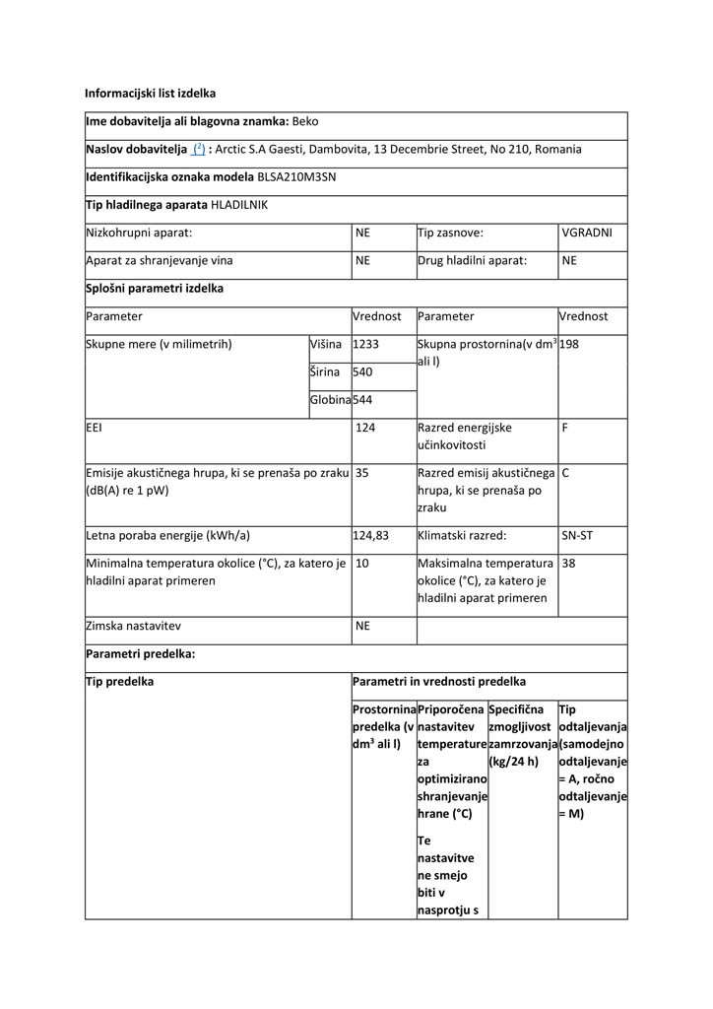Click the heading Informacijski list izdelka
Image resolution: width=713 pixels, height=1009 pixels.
pyautogui.click(x=150, y=94)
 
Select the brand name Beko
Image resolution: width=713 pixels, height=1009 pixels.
pyautogui.click(x=305, y=121)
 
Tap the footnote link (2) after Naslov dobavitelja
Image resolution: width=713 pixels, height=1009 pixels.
pyautogui.click(x=198, y=150)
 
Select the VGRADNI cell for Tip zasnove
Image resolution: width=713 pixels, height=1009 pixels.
pyautogui.click(x=587, y=234)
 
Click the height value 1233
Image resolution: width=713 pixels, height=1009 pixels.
pyautogui.click(x=365, y=345)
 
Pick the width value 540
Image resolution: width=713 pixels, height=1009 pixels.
pyautogui.click(x=362, y=372)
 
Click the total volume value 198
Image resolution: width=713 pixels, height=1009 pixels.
pyautogui.click(x=569, y=345)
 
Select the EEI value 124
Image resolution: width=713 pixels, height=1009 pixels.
pyautogui.click(x=365, y=429)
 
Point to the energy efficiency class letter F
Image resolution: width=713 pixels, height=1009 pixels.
pyautogui.click(x=565, y=429)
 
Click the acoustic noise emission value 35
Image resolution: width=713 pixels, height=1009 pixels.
pyautogui.click(x=361, y=473)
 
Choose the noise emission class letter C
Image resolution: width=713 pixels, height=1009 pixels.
pyautogui.click(x=565, y=473)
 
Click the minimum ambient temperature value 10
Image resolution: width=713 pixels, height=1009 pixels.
pyautogui.click(x=361, y=564)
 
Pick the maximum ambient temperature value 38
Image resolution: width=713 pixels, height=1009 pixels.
pyautogui.click(x=568, y=564)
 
